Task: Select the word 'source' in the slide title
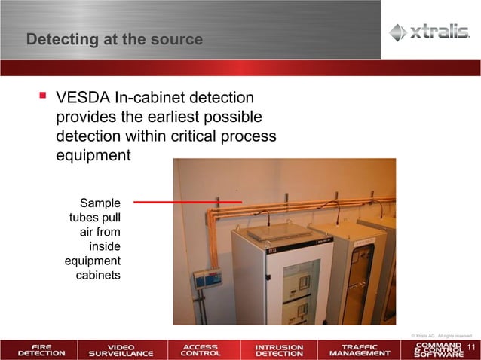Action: point(179,39)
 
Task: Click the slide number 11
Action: point(472,347)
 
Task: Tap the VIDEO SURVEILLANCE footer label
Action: point(121,350)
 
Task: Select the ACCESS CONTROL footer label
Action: point(201,350)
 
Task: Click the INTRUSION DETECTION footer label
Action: point(279,350)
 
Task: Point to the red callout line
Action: point(187,202)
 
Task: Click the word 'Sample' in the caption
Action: point(100,203)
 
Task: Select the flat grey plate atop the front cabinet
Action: point(280,231)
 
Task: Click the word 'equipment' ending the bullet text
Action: point(93,156)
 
